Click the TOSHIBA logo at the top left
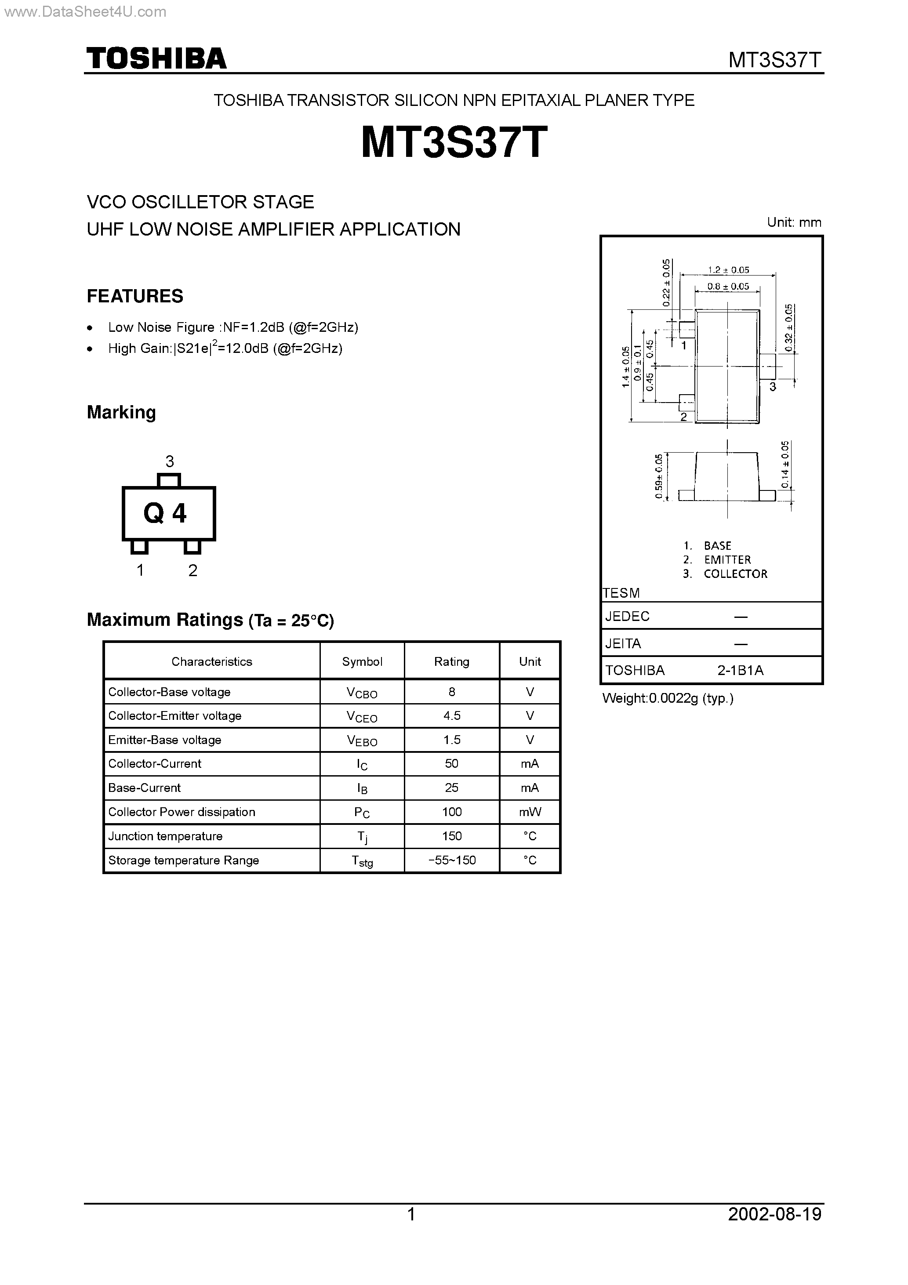click(x=156, y=59)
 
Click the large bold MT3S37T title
click(x=454, y=143)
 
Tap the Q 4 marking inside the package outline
click(x=165, y=513)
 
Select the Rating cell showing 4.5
click(x=452, y=716)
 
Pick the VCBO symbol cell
click(x=362, y=692)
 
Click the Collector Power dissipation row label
click(x=182, y=812)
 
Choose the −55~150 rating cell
click(x=452, y=860)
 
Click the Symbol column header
click(x=362, y=661)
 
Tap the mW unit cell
click(x=530, y=812)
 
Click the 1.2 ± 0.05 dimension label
click(x=728, y=270)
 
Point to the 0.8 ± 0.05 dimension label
click(x=728, y=287)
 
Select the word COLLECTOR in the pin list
click(x=736, y=574)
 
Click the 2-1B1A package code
click(x=740, y=671)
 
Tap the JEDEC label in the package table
click(x=628, y=616)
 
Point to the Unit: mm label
click(x=794, y=222)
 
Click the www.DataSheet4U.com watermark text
click(x=84, y=12)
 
